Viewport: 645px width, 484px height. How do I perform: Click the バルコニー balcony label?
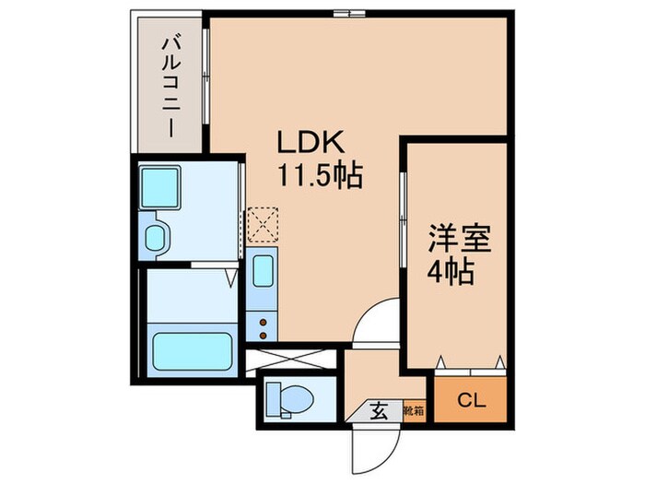[x=170, y=84]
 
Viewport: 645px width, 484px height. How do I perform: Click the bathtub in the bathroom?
[x=192, y=351]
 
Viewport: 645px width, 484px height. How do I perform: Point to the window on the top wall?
[x=347, y=13]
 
